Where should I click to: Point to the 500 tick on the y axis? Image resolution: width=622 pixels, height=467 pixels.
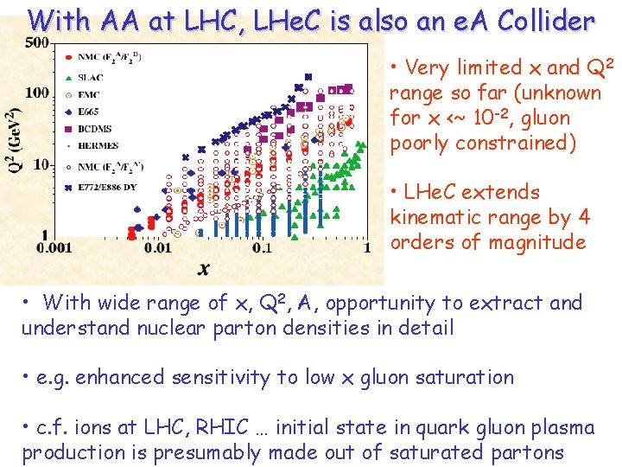pos(36,42)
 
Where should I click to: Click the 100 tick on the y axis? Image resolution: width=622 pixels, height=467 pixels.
pos(36,93)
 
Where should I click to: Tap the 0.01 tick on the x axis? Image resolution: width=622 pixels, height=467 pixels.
pos(158,248)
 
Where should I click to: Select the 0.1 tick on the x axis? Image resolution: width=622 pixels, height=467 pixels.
pos(263,248)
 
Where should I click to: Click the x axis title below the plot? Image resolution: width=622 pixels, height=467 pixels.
pos(204,269)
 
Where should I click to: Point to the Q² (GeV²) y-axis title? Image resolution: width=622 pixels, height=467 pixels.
pos(14,143)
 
